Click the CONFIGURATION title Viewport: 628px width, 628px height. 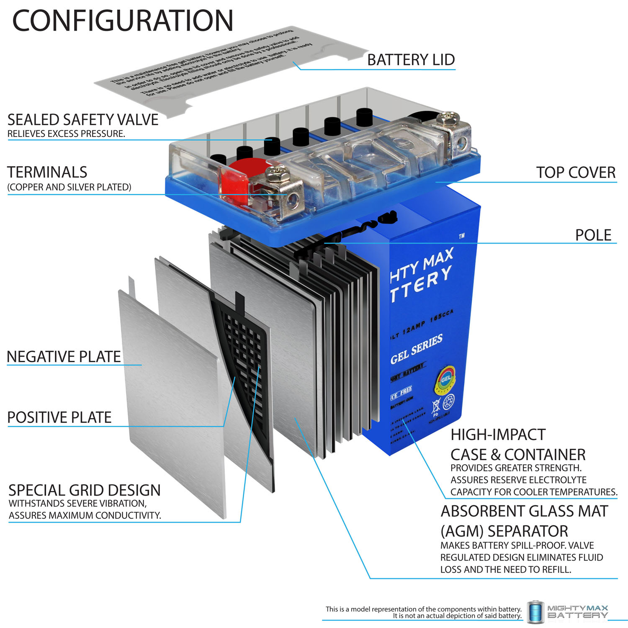pyautogui.click(x=123, y=21)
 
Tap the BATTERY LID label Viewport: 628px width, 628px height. pyautogui.click(x=411, y=60)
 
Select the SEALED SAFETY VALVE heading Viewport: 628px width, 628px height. pyautogui.click(x=83, y=120)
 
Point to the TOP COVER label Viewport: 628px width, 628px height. pyautogui.click(x=576, y=172)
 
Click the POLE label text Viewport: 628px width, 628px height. pyautogui.click(x=593, y=235)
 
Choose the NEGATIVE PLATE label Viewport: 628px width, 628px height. pyautogui.click(x=64, y=357)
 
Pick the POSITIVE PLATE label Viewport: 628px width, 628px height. pyautogui.click(x=59, y=417)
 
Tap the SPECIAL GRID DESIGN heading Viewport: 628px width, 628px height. pyautogui.click(x=85, y=490)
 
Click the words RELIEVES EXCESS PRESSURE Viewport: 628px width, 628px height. pyautogui.click(x=66, y=134)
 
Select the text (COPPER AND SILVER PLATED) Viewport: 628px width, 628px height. pyautogui.click(x=69, y=187)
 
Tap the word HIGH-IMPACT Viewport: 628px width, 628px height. pyautogui.click(x=498, y=435)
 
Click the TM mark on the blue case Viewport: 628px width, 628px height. pyautogui.click(x=461, y=236)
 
